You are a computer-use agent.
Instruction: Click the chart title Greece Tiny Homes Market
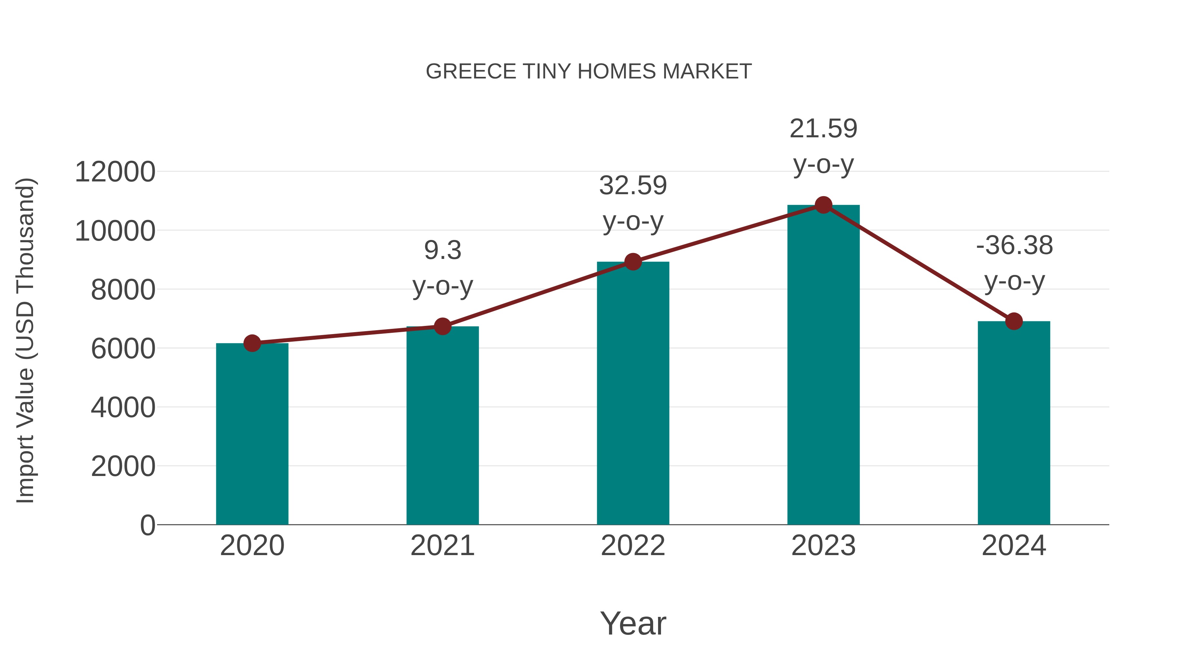point(589,72)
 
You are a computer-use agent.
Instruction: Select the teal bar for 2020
point(252,434)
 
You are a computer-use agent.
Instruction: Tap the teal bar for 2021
point(442,425)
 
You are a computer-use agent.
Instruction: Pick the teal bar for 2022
point(633,393)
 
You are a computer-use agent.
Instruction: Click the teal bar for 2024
point(1014,423)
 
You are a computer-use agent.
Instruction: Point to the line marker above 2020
point(252,343)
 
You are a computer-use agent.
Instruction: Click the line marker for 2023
point(823,205)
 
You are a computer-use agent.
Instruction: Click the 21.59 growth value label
point(823,129)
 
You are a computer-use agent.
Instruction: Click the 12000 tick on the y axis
point(115,172)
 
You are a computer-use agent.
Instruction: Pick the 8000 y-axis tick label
point(123,290)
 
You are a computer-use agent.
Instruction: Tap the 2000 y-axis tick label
point(123,467)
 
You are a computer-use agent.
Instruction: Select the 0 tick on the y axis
point(147,525)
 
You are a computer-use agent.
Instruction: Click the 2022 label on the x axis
point(633,546)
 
